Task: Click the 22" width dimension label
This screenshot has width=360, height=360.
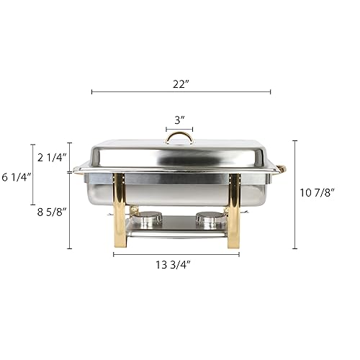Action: pos(181,84)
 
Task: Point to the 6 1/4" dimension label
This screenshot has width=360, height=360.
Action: pos(16,176)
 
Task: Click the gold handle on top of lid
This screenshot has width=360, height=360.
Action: pos(179,137)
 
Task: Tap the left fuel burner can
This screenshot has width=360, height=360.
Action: pos(150,216)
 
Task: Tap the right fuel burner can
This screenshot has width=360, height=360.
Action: pos(208,216)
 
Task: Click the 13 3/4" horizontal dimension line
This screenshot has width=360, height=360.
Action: pos(176,254)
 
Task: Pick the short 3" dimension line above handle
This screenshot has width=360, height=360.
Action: pos(179,129)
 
